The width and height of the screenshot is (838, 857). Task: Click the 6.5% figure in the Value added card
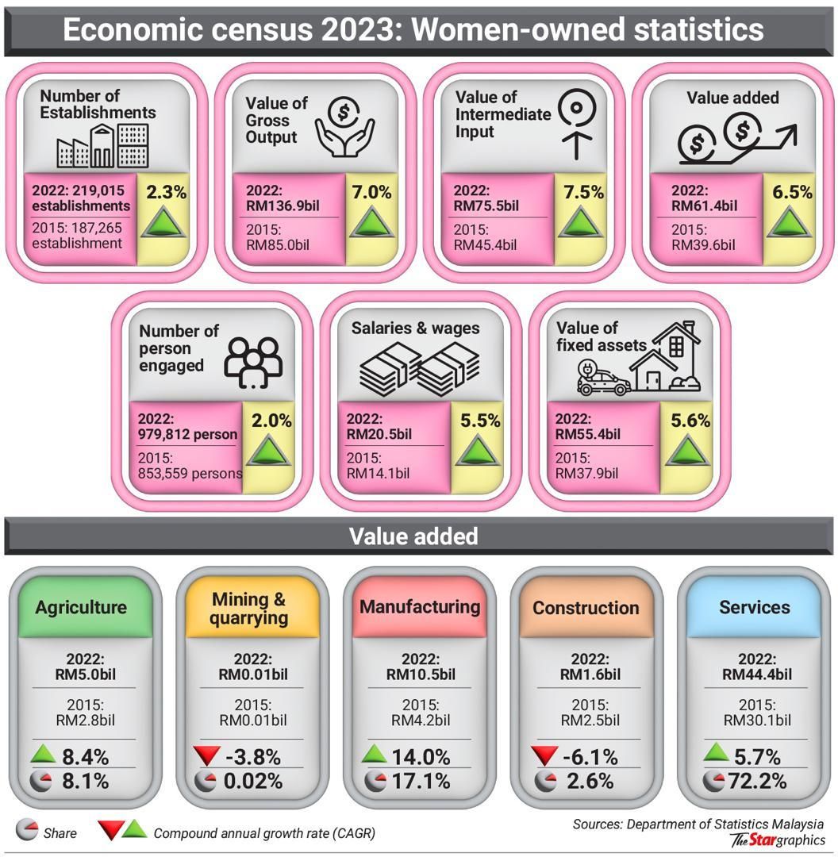(792, 191)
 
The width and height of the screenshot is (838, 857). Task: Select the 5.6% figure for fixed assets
(690, 421)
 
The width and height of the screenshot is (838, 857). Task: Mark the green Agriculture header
(81, 607)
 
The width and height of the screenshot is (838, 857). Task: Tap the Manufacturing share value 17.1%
(421, 782)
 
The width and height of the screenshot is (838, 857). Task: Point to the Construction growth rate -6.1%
(590, 756)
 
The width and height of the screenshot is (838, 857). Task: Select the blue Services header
(754, 607)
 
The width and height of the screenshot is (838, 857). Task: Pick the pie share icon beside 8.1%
(40, 782)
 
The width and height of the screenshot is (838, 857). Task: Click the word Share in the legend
(60, 833)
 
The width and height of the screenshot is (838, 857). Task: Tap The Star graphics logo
(778, 840)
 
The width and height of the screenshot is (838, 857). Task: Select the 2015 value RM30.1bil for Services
(756, 721)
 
